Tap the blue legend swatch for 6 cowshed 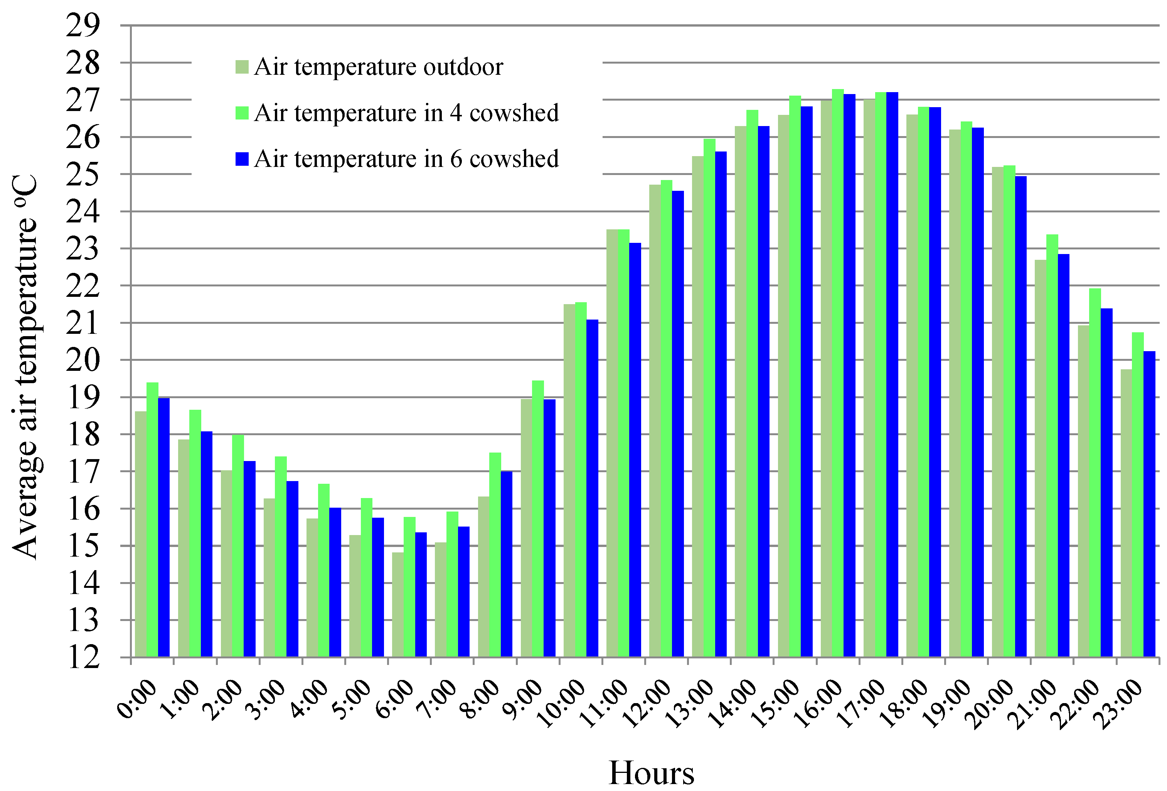click(242, 159)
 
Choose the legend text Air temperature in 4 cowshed click(406, 113)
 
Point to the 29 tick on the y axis click(83, 25)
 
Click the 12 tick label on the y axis click(83, 657)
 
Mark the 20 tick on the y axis click(83, 360)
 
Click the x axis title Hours click(651, 772)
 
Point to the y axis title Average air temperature click(25, 367)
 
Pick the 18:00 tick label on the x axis click(904, 703)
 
